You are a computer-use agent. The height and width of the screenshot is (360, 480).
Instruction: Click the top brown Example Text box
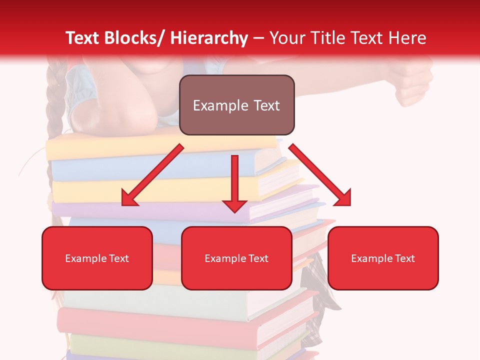[236, 105]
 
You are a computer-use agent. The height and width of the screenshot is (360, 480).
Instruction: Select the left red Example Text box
[97, 258]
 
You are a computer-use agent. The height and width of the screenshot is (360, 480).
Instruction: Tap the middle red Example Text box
[236, 258]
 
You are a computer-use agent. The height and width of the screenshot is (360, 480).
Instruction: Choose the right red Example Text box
[383, 258]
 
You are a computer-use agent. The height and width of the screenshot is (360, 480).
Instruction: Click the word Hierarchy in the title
[209, 38]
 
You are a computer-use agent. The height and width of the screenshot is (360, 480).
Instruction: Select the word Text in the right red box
[405, 258]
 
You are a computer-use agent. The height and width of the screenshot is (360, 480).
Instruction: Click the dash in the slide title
[258, 38]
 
